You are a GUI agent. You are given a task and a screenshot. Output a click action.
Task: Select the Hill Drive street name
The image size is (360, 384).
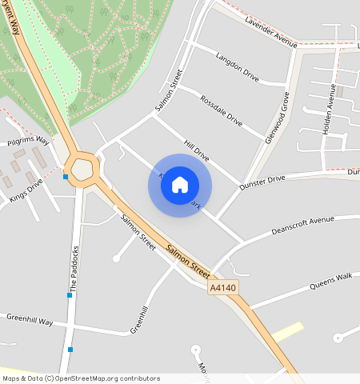pos(196,148)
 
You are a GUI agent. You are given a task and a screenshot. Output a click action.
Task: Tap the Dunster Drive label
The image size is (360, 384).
pos(262,183)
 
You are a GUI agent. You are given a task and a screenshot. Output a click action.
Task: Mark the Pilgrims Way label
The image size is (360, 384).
pos(28,142)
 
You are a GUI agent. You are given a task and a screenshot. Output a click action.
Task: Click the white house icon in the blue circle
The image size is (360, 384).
pos(180,185)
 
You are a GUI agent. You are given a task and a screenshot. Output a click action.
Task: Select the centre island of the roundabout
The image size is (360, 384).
pos(83,169)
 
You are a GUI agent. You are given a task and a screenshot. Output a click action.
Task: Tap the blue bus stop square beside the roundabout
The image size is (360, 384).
pos(66,177)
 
